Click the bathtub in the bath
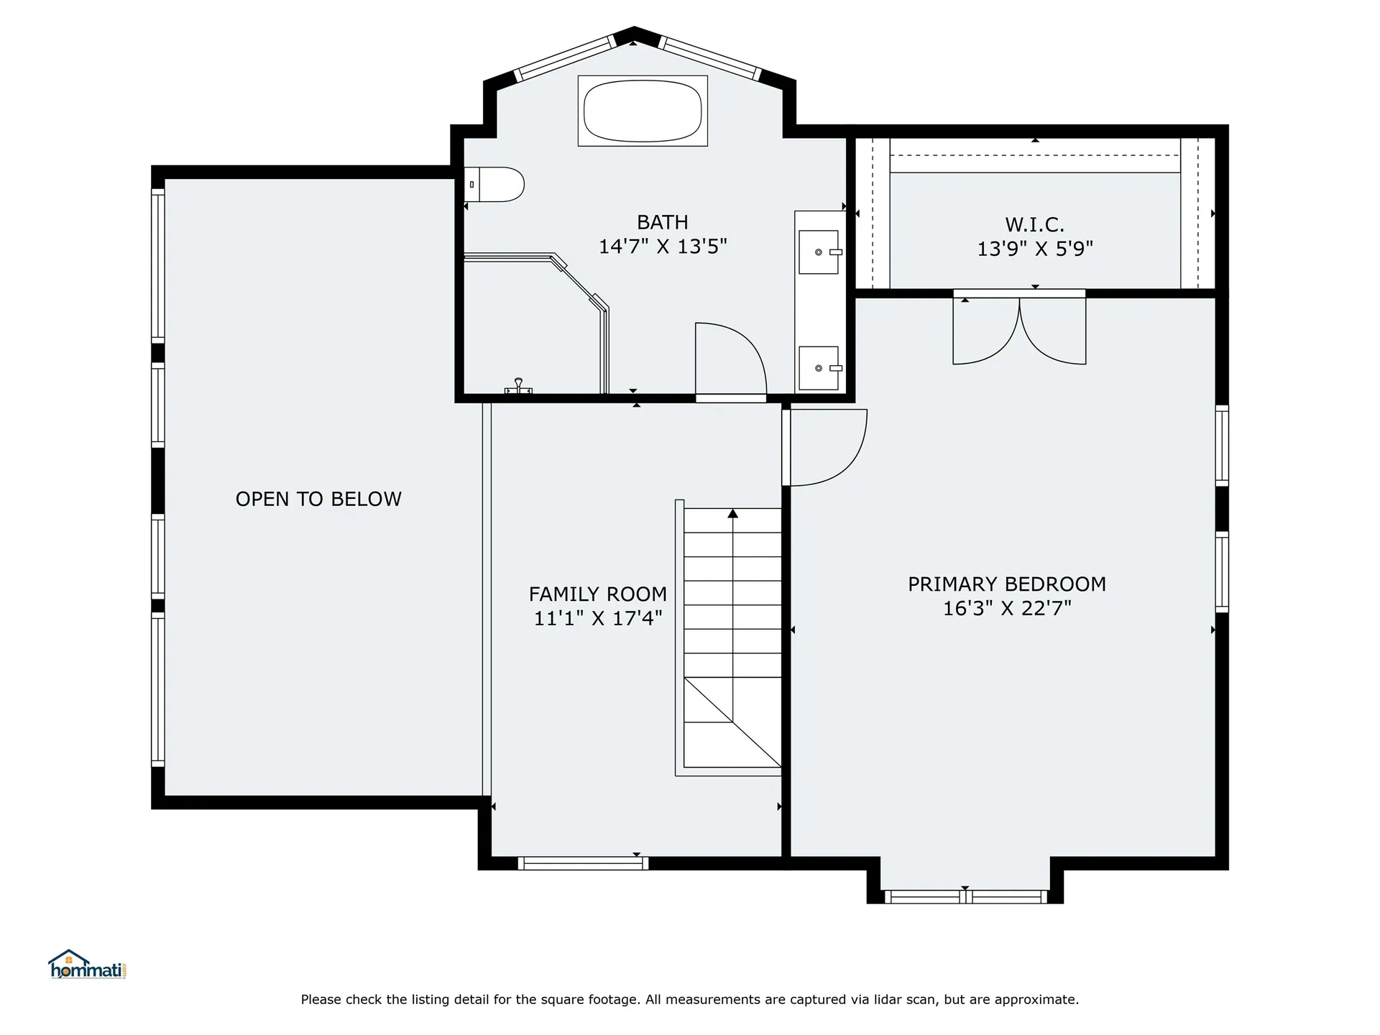click(x=643, y=111)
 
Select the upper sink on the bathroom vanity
click(x=819, y=252)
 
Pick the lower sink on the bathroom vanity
click(x=819, y=368)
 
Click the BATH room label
click(x=663, y=222)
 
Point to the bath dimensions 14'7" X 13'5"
click(x=663, y=247)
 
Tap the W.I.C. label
click(x=1034, y=224)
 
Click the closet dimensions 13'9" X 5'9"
click(x=1034, y=249)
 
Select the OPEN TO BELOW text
click(x=318, y=499)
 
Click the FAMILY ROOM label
click(x=598, y=594)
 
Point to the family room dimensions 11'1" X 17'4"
click(x=598, y=618)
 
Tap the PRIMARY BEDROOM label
click(x=1007, y=584)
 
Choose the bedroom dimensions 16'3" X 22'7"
click(x=1007, y=608)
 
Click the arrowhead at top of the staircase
click(x=732, y=513)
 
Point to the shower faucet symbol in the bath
click(x=518, y=386)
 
